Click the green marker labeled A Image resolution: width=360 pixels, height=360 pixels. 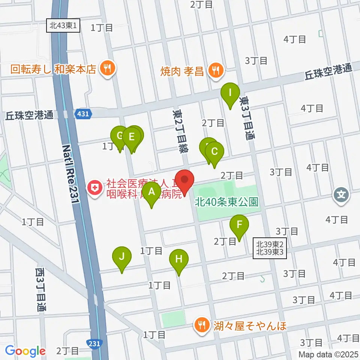[x=151, y=192]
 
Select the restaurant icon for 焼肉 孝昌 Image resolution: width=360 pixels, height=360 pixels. [x=215, y=69]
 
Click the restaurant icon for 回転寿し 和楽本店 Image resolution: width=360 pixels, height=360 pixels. [x=108, y=68]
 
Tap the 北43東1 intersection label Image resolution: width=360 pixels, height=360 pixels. [x=64, y=26]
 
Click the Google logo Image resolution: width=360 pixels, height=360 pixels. [x=25, y=351]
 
